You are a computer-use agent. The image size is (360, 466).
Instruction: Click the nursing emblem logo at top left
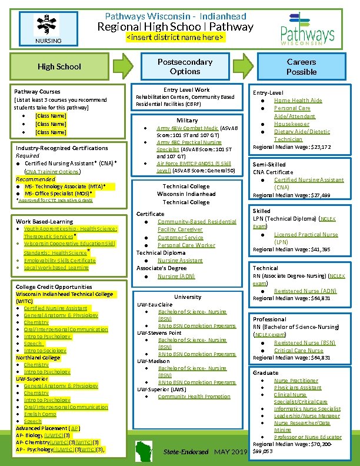point(48,27)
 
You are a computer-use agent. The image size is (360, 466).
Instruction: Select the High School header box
point(59,66)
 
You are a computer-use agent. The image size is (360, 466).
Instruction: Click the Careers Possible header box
point(301,66)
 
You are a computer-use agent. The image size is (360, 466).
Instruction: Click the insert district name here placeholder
point(175,38)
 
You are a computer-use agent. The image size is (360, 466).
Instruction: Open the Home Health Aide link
point(298,101)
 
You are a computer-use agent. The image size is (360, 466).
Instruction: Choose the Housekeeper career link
point(291,124)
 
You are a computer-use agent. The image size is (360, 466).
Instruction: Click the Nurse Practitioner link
point(296,381)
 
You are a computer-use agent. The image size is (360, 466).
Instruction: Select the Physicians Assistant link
point(297,388)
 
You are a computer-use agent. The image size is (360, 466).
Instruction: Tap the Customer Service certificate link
point(180,237)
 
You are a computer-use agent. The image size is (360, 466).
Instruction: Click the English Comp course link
point(40,414)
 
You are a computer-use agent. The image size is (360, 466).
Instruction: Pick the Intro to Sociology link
point(45,351)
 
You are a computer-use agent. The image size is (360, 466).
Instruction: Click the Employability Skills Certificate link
point(59,260)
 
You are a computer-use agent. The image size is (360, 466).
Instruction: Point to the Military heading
point(187,120)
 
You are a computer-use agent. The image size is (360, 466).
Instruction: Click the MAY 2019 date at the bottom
point(231,451)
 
